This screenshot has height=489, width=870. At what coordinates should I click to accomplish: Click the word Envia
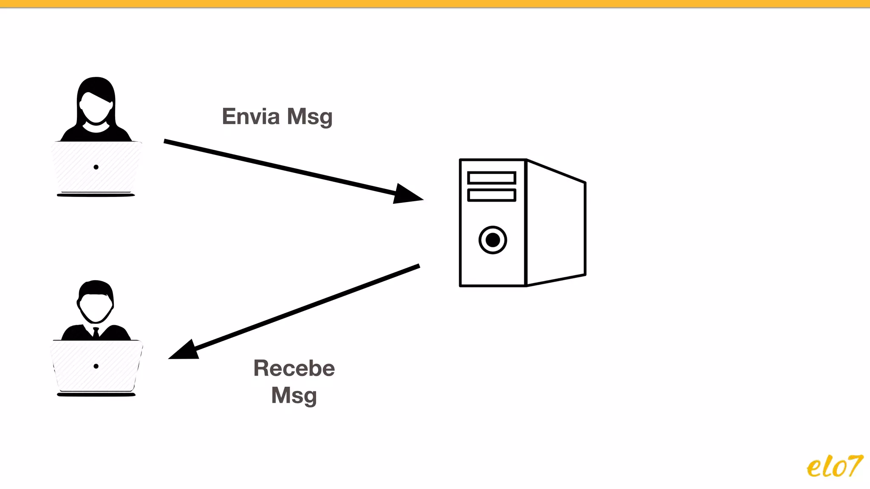[x=251, y=116]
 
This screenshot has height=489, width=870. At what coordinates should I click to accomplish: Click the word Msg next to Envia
[x=310, y=117]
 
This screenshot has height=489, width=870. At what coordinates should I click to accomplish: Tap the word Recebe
[x=294, y=368]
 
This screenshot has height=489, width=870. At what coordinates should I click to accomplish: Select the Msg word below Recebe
[x=294, y=396]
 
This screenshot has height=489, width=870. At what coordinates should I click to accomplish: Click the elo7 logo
[x=834, y=467]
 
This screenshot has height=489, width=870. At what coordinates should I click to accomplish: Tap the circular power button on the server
[x=493, y=240]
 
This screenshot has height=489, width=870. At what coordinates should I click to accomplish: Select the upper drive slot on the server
[x=491, y=177]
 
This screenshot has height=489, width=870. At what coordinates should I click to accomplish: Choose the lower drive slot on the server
[x=491, y=195]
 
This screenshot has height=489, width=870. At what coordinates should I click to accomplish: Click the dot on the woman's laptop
[x=96, y=167]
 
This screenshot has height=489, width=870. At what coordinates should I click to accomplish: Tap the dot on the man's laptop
[x=96, y=366]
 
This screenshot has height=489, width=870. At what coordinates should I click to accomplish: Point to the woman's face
[x=96, y=108]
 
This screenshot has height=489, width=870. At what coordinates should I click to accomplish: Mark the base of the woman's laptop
[x=96, y=195]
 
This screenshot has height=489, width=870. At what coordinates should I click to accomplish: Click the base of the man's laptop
[x=96, y=395]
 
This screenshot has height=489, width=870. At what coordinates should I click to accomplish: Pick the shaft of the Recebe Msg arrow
[x=306, y=308]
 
